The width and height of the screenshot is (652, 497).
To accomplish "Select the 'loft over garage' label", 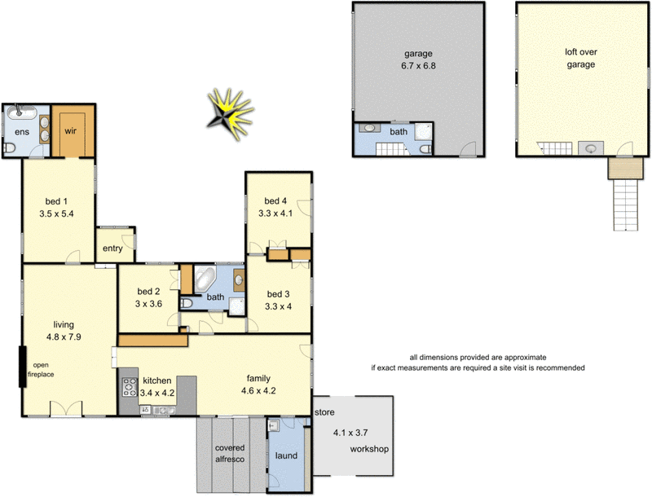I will (x=581, y=59).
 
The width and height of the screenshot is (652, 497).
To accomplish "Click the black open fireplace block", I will (x=24, y=367).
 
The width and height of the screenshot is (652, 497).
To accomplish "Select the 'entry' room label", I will (x=112, y=249).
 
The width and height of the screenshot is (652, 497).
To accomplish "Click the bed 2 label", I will (x=148, y=292).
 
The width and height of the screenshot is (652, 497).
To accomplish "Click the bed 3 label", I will (x=277, y=294).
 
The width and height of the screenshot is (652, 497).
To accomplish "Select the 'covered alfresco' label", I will (x=231, y=454).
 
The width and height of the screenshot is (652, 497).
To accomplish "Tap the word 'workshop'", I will (x=368, y=449).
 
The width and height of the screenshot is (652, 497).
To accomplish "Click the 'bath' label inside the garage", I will (x=399, y=131).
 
